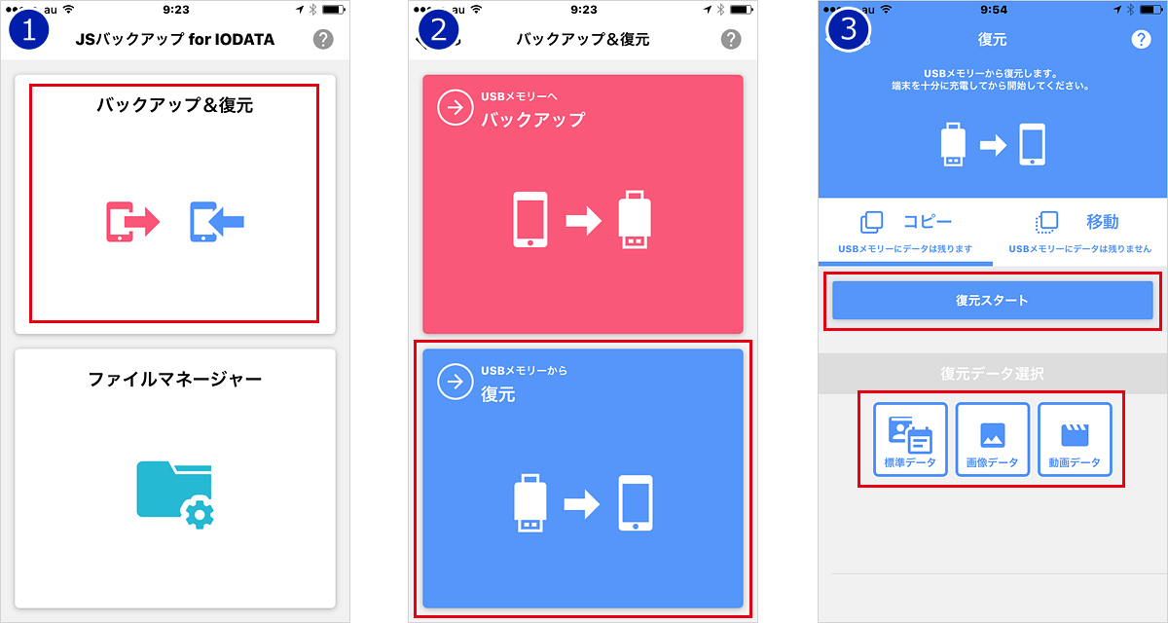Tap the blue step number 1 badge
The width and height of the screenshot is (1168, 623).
click(28, 30)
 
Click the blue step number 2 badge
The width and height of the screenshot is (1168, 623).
click(439, 30)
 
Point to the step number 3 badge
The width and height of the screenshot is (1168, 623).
click(849, 30)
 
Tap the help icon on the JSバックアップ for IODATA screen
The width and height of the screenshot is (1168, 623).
click(323, 39)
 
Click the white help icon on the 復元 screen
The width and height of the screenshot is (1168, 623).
click(1141, 39)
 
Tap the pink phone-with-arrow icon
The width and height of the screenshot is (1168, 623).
click(133, 222)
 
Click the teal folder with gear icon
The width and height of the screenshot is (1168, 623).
click(175, 495)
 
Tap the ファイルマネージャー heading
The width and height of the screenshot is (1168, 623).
click(175, 379)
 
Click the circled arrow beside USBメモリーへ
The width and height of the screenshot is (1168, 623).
click(456, 107)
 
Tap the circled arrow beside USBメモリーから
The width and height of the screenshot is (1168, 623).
click(456, 382)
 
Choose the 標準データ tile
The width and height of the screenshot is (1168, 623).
click(910, 439)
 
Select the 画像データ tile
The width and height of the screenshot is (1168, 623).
click(992, 439)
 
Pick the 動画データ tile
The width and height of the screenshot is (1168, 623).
click(1075, 439)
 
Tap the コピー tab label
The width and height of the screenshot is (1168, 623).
click(928, 222)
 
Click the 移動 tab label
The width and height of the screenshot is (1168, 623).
click(1102, 222)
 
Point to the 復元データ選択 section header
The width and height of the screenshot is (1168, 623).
click(992, 373)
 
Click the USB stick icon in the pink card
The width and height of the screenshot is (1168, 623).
click(635, 219)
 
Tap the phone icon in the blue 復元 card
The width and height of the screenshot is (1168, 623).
click(636, 502)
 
